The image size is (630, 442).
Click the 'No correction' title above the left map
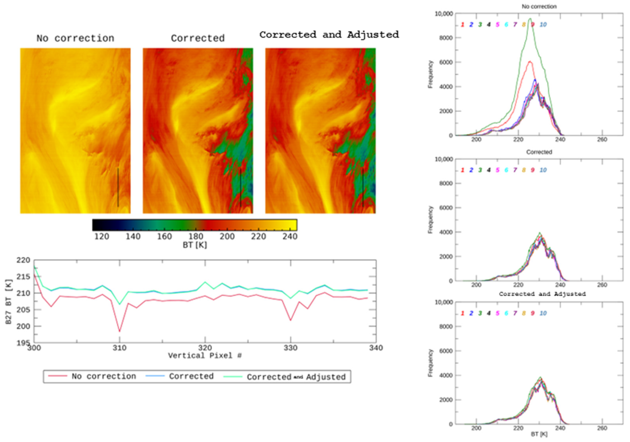75,38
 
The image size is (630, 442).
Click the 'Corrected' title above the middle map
198,38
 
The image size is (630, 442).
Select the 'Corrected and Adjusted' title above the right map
329,35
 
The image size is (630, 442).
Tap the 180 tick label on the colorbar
196,236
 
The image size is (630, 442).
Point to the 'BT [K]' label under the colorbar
195,245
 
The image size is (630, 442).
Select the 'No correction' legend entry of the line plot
104,376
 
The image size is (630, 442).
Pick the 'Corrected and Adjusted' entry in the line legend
296,377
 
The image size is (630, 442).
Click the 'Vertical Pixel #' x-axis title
205,356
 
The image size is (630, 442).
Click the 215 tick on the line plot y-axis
23,277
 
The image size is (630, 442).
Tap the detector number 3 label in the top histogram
480,25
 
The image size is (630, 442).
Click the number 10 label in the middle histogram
543,170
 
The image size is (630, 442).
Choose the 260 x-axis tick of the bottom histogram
602,428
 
